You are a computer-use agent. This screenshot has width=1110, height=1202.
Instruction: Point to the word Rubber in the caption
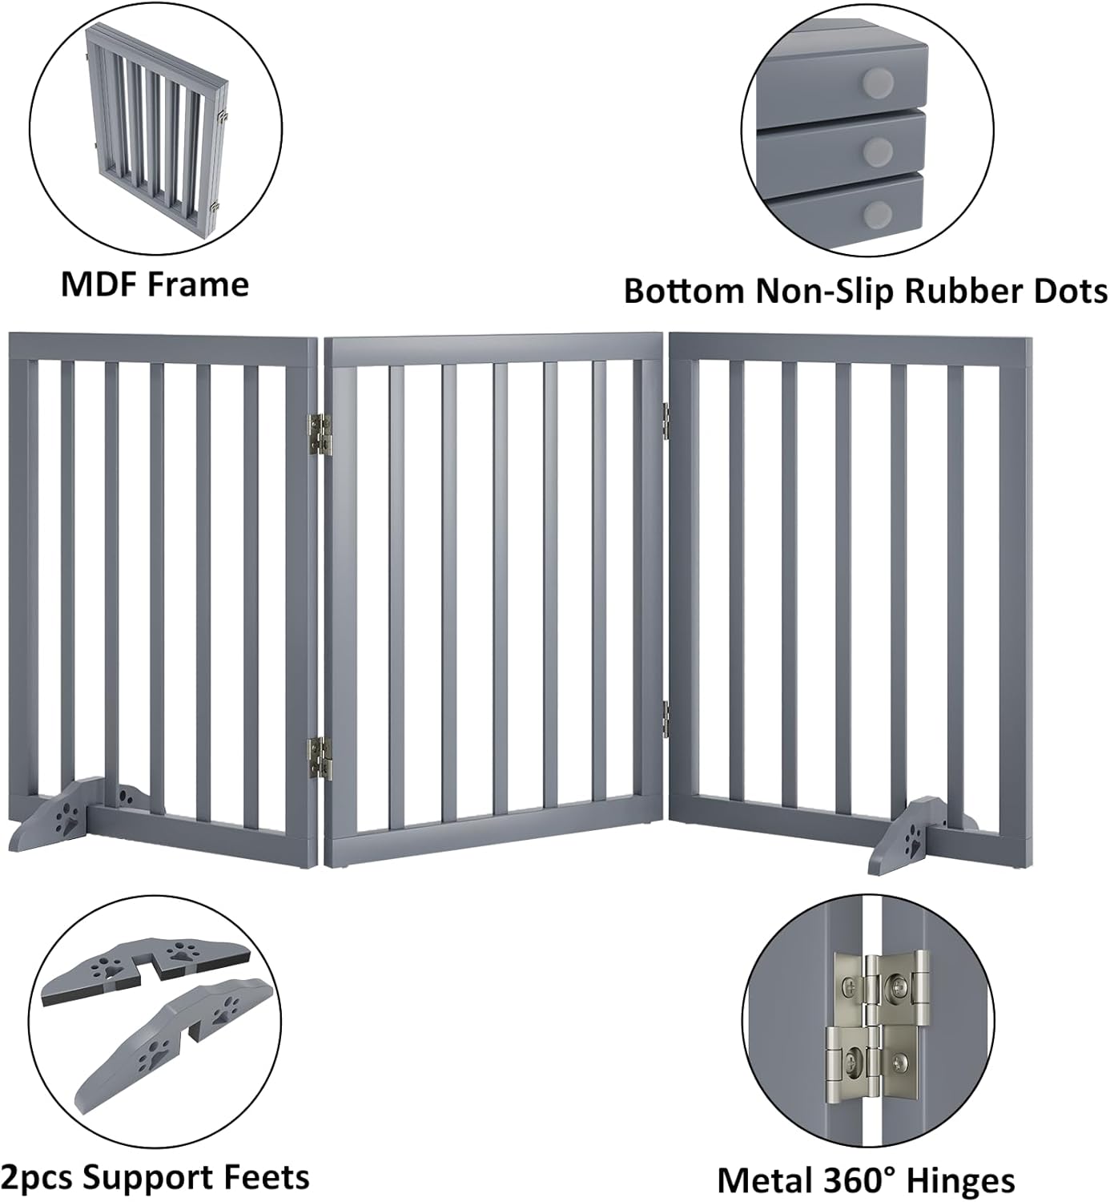(x=964, y=291)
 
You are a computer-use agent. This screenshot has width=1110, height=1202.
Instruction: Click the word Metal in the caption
(x=762, y=1181)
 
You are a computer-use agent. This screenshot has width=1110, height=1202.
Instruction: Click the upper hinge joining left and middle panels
(x=321, y=434)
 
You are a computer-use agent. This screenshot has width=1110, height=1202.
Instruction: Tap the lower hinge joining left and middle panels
(x=321, y=757)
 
